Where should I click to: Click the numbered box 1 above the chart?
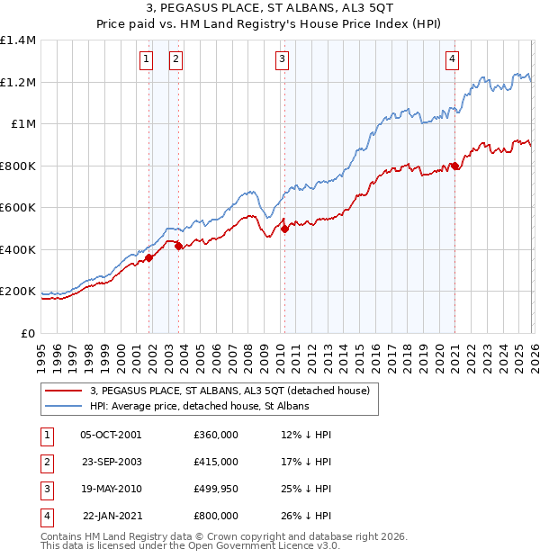point(146,59)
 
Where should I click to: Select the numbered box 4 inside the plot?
point(451,59)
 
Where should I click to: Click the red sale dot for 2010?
point(284,229)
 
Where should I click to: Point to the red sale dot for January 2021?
point(455,166)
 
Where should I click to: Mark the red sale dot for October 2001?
point(149,258)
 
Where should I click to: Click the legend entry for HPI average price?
point(199,407)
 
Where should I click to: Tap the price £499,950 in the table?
point(215,489)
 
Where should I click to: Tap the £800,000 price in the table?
point(215,516)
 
